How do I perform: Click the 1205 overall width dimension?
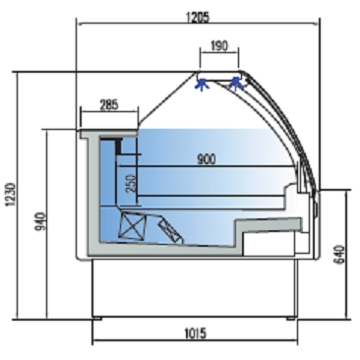tap(198, 18)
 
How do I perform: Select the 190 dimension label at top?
tap(219, 46)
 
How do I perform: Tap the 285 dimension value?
tap(109, 105)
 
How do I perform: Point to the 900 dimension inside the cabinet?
tap(207, 159)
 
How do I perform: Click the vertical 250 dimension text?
tap(131, 184)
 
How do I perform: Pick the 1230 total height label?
tap(11, 195)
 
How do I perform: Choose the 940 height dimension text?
tap(40, 221)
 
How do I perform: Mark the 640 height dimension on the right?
tap(340, 254)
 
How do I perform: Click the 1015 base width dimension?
tap(196, 333)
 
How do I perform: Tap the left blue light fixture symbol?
tap(202, 85)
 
